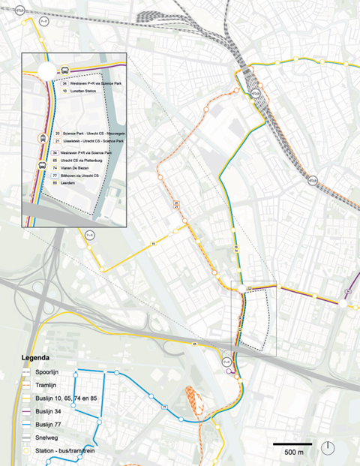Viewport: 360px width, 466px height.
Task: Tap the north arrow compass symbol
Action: point(328,449)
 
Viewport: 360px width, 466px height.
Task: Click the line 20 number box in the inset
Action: point(57,132)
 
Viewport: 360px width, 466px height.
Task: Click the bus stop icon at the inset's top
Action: point(65,71)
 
